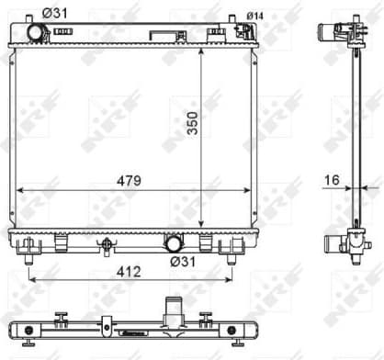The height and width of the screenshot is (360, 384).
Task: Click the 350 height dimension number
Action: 192,129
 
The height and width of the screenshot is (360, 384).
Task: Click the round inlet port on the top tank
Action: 36,32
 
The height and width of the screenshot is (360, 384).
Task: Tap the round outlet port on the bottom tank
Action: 173,244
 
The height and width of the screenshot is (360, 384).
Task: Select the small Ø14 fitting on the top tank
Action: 244,30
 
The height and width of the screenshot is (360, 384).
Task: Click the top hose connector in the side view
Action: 333,31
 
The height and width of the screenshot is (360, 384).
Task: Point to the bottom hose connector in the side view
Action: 333,243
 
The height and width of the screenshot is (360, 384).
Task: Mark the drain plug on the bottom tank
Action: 107,245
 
